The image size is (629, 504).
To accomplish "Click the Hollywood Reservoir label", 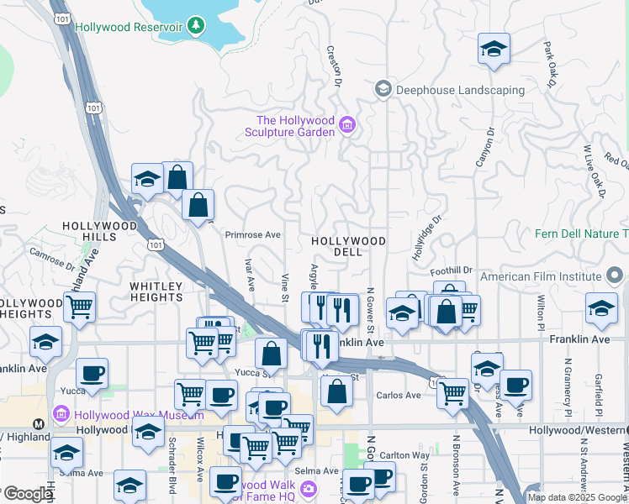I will click(129, 27).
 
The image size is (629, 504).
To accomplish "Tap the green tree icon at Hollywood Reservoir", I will click(197, 26).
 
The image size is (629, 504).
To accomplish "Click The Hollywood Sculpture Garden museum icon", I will click(347, 127).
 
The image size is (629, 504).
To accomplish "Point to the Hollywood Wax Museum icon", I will click(60, 414).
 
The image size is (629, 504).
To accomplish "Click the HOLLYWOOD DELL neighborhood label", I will click(348, 246).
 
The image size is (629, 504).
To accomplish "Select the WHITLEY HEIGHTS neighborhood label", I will click(156, 292).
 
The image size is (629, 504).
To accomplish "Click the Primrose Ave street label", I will click(252, 235).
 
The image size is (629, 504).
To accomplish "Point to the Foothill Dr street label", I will click(451, 270).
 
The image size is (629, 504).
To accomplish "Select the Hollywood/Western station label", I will click(579, 430).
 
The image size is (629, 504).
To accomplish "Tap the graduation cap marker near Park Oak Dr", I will click(494, 49).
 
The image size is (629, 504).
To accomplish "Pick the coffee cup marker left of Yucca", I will click(92, 374).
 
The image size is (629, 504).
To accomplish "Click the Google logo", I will click(27, 494).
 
